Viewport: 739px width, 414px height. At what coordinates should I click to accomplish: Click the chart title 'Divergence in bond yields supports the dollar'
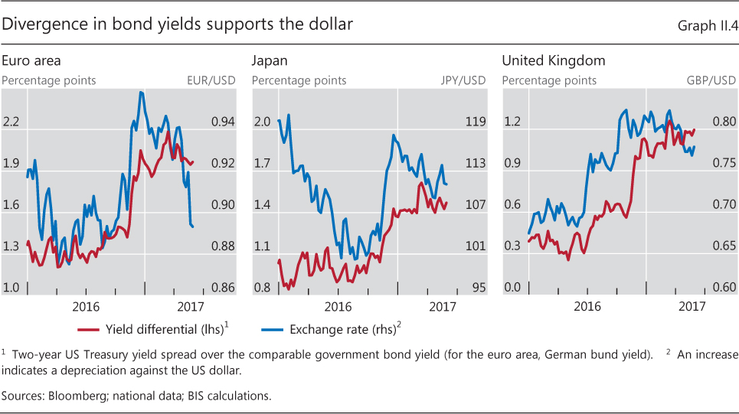177,24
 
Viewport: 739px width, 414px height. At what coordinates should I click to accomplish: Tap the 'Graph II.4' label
706,26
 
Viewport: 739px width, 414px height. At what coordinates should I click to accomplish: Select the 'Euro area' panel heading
31,60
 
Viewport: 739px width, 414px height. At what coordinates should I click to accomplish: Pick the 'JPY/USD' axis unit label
463,80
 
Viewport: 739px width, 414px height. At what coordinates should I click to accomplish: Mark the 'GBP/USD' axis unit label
711,80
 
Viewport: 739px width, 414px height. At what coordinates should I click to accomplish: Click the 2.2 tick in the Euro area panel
11,122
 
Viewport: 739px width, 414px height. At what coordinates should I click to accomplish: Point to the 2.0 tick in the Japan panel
262,122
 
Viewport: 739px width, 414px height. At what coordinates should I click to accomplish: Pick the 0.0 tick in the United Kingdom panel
512,288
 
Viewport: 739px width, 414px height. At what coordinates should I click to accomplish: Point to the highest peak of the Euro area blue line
142,93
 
